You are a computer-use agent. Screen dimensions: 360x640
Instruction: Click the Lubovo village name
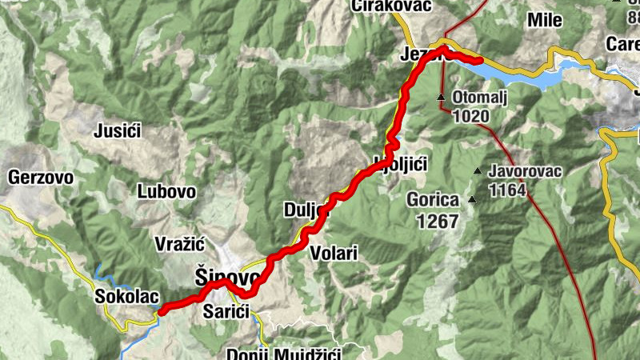click(166, 191)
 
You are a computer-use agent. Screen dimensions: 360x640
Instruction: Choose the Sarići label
click(226, 310)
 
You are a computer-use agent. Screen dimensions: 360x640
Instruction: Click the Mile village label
click(545, 21)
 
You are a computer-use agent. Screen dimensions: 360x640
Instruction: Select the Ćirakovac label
click(391, 6)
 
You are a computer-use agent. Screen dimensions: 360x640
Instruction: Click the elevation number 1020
click(470, 116)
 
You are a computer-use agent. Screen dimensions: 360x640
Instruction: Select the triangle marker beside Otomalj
click(440, 98)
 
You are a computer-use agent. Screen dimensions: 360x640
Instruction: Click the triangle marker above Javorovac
click(478, 170)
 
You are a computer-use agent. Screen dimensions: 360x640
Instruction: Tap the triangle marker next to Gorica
click(472, 200)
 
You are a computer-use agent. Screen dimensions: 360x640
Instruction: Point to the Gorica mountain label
click(433, 200)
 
